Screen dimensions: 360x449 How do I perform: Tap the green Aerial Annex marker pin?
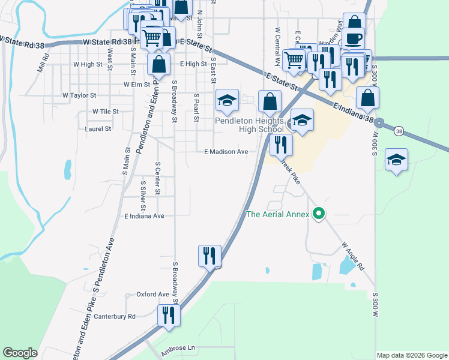click(x=320, y=214)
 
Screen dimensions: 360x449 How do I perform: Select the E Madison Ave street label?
click(x=226, y=152)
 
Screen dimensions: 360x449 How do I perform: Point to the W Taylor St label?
click(x=79, y=95)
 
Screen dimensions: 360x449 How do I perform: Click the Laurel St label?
click(x=98, y=128)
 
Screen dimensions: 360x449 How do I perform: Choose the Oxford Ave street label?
click(x=152, y=295)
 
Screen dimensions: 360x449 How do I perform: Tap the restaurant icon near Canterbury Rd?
click(x=168, y=314)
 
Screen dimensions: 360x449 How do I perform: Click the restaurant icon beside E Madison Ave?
click(x=280, y=144)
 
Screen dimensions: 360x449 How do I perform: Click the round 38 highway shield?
click(x=398, y=130)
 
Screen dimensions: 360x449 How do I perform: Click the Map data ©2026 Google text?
click(x=411, y=355)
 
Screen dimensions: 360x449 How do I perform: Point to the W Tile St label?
click(x=105, y=112)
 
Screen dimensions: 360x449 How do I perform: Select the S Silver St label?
click(x=143, y=192)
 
